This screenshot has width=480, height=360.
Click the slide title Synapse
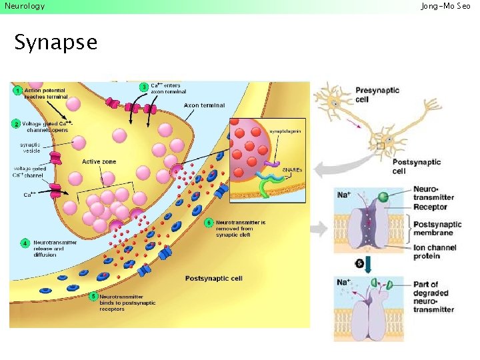coord(55,42)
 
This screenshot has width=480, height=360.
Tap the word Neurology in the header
coord(25,6)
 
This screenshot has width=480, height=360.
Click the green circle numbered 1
coord(15,90)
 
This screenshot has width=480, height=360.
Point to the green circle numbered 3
coord(143,87)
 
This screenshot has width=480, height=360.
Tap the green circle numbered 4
coord(25,243)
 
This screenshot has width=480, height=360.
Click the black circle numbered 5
coord(360,264)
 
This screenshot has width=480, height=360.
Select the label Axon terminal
coord(204,105)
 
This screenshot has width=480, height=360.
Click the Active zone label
coord(99,162)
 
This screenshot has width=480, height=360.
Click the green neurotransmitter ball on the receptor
coord(383,197)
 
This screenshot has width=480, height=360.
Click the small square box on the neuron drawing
coord(381,145)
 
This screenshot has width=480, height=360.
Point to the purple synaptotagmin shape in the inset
coord(272,161)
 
